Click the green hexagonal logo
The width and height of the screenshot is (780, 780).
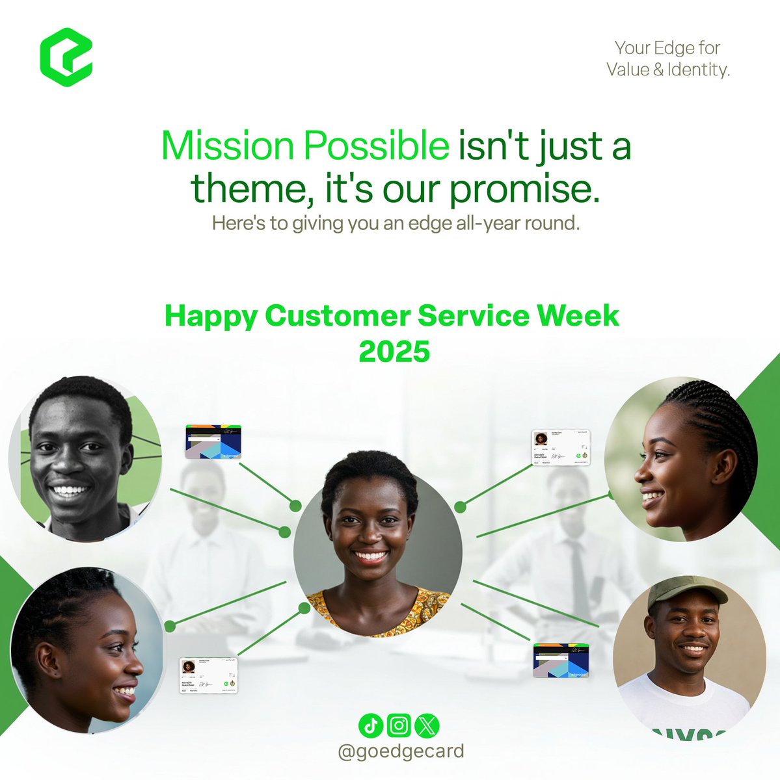click(66, 57)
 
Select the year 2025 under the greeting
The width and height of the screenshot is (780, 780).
click(394, 352)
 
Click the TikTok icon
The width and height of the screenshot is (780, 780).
click(371, 725)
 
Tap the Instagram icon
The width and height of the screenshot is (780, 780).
click(399, 725)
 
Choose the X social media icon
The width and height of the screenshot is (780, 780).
click(426, 725)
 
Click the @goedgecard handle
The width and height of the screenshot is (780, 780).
click(401, 751)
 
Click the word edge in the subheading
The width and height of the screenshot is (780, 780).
click(429, 223)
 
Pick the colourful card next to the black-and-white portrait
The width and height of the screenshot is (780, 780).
click(213, 442)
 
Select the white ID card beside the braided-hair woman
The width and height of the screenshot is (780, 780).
click(561, 447)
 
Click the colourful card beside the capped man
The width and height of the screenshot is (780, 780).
click(561, 660)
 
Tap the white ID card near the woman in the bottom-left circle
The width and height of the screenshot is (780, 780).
click(208, 675)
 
